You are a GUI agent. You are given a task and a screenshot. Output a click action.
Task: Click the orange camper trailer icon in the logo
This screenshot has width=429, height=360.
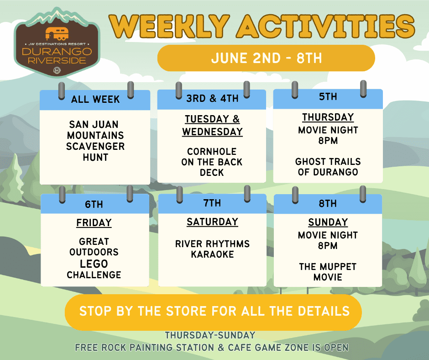pos(57,34)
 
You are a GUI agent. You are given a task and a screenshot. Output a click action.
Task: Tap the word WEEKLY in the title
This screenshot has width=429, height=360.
pos(169,26)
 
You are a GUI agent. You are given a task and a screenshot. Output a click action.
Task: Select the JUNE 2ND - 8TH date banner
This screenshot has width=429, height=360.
pos(266,58)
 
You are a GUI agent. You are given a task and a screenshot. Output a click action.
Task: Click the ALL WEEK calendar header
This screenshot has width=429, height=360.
pos(95,100)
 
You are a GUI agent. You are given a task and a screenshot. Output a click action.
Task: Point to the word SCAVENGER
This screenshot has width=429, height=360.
pos(95,146)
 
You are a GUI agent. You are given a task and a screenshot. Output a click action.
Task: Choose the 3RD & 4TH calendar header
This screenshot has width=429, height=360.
pos(212,98)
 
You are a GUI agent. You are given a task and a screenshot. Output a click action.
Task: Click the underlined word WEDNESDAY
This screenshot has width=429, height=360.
pos(212,132)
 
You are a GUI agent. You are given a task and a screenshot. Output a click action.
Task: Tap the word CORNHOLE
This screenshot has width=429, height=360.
pos(212,151)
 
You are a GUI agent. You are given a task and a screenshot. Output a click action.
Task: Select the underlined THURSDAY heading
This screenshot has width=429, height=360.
pos(328,117)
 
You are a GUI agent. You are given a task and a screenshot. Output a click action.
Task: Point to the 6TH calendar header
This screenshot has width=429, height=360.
pos(94,204)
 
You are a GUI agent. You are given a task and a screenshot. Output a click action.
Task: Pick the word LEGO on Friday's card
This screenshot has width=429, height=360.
pos(94,264)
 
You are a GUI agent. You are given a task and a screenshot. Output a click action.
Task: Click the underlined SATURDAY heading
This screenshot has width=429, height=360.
pos(212,222)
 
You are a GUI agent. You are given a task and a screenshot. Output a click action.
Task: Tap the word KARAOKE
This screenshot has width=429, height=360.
pos(212,254)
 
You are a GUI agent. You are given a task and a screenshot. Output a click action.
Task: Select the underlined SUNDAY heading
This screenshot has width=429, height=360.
pos(328,222)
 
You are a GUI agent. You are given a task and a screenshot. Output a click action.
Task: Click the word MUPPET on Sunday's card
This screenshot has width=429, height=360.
pos(338,267)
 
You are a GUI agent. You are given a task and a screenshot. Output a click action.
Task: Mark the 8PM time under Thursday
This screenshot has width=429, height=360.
pos(328,141)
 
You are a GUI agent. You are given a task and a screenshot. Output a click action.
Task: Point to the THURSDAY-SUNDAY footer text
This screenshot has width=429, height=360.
pos(210,335)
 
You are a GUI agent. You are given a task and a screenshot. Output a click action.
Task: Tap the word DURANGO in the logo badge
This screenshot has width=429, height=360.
pos(57,52)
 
